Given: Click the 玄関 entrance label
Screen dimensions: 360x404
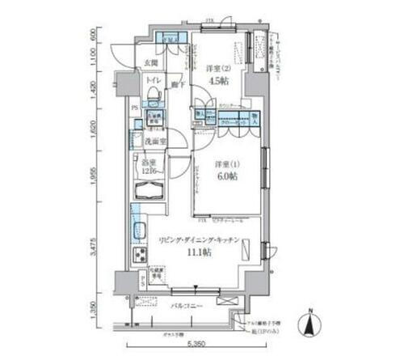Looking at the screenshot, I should (x=151, y=64).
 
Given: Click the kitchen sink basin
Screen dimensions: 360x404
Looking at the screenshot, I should (x=138, y=230).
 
